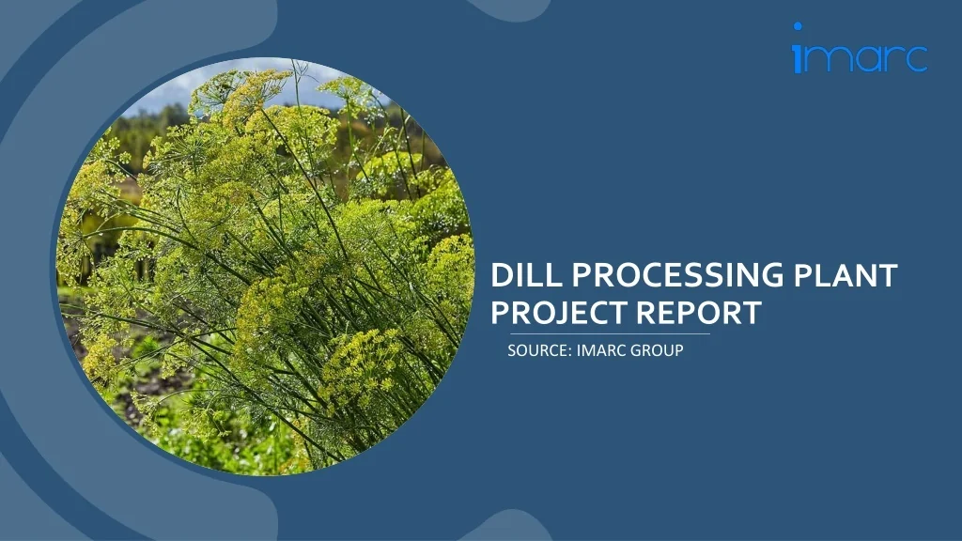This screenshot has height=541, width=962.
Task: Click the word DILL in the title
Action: coord(526,275)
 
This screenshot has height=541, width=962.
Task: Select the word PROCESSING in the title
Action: coord(678,275)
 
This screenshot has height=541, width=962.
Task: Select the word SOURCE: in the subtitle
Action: coord(540,350)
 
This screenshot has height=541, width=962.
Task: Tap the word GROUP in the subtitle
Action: coord(657,350)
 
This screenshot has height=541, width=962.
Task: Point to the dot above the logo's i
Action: coord(798,26)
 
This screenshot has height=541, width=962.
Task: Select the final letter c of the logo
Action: coord(915,59)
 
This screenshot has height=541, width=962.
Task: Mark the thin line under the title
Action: coord(610,333)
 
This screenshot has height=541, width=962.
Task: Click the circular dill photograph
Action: coord(265,266)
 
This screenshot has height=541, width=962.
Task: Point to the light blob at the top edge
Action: coord(510,9)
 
